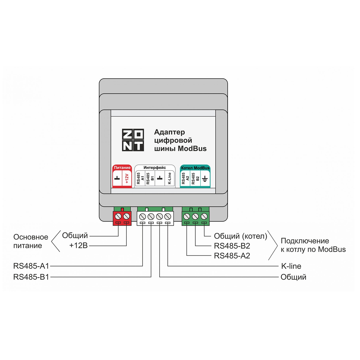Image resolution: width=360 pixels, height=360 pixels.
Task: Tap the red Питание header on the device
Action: click(122, 168)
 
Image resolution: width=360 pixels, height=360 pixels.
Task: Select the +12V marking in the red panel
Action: click(127, 179)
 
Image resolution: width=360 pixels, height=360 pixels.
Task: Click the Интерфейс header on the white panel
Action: click(155, 167)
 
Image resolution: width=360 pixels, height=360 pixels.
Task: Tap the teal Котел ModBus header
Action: click(195, 168)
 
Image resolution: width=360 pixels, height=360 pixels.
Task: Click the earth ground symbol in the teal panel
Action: click(205, 179)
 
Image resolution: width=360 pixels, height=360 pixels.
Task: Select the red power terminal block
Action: click(122, 217)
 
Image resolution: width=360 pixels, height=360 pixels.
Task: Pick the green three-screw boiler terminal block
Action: click(196, 217)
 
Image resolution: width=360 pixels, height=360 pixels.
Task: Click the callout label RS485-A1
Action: click(31, 266)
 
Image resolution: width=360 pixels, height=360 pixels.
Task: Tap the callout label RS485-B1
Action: click(31, 277)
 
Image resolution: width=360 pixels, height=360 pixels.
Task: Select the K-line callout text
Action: click(291, 266)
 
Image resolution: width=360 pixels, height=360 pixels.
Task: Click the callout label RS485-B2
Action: click(232, 246)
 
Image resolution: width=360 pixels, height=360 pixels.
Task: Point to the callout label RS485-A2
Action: click(232, 256)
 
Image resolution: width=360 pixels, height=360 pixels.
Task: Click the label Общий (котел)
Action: click(240, 236)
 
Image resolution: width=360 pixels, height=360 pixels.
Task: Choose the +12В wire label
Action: click(78, 246)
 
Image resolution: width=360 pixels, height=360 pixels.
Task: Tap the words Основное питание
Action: click(31, 241)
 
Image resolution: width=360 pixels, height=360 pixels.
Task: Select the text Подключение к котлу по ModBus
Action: click(313, 245)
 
